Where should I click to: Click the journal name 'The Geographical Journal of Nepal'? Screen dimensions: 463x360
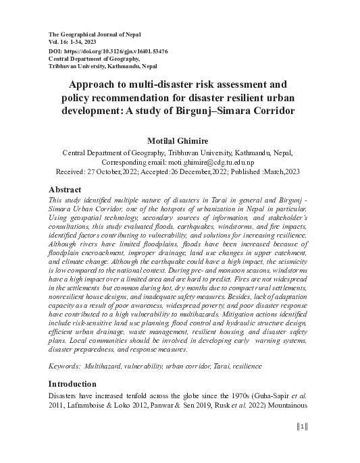point(95,34)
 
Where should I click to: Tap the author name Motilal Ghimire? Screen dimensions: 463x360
point(180,140)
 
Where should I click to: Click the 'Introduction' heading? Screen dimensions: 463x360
point(78,383)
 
